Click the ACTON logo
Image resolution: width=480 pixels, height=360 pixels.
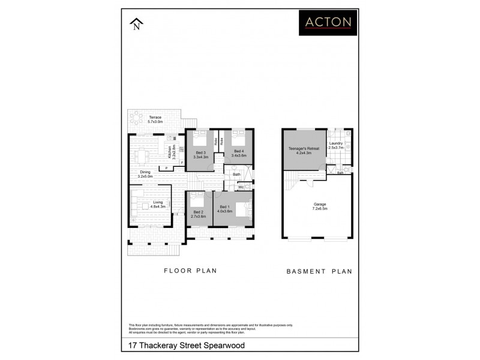click(328, 22)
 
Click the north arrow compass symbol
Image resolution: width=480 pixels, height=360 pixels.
click(137, 24)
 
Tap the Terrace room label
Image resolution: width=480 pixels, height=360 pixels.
click(155, 117)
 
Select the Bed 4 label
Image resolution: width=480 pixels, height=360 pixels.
click(238, 151)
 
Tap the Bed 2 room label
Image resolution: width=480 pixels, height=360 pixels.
click(199, 211)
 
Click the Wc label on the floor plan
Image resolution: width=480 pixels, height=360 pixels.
click(241, 187)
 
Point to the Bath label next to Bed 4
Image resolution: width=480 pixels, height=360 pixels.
click(237, 175)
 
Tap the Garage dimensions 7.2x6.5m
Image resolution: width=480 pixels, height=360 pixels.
click(319, 208)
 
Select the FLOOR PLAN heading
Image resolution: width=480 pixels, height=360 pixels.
click(190, 271)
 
